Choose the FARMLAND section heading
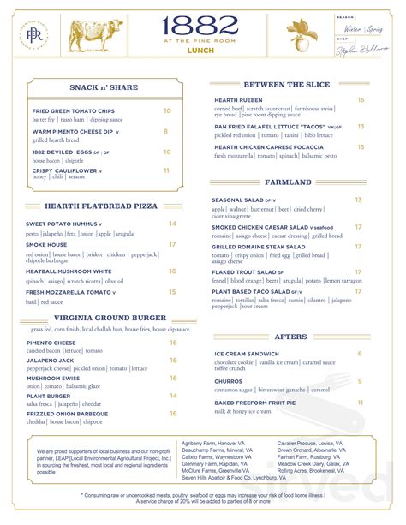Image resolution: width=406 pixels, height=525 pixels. click(x=289, y=182)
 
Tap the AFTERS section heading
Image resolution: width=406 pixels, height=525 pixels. click(x=289, y=337)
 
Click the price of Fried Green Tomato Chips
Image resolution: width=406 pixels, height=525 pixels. click(x=167, y=110)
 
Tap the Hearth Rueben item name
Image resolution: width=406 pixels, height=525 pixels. click(x=237, y=100)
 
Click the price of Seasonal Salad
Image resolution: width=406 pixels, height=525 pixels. click(x=359, y=200)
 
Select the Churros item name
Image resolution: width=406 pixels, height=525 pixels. click(x=230, y=381)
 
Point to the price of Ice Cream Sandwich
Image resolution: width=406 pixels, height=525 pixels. click(x=360, y=354)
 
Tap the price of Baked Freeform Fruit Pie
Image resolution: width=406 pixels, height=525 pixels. click(x=360, y=403)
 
